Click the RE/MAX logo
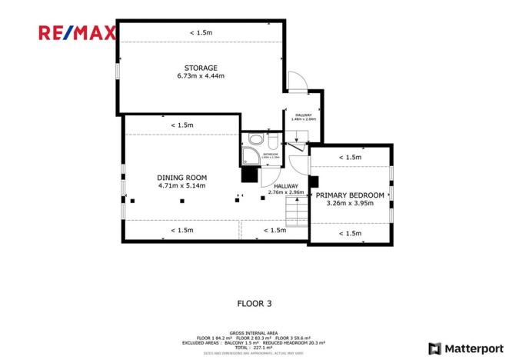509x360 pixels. (78, 32)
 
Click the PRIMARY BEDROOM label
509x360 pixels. (350, 195)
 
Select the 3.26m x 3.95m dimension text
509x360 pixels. (350, 204)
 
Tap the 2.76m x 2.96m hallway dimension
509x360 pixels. (286, 192)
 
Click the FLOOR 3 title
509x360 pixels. (254, 303)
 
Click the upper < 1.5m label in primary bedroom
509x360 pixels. (350, 158)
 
